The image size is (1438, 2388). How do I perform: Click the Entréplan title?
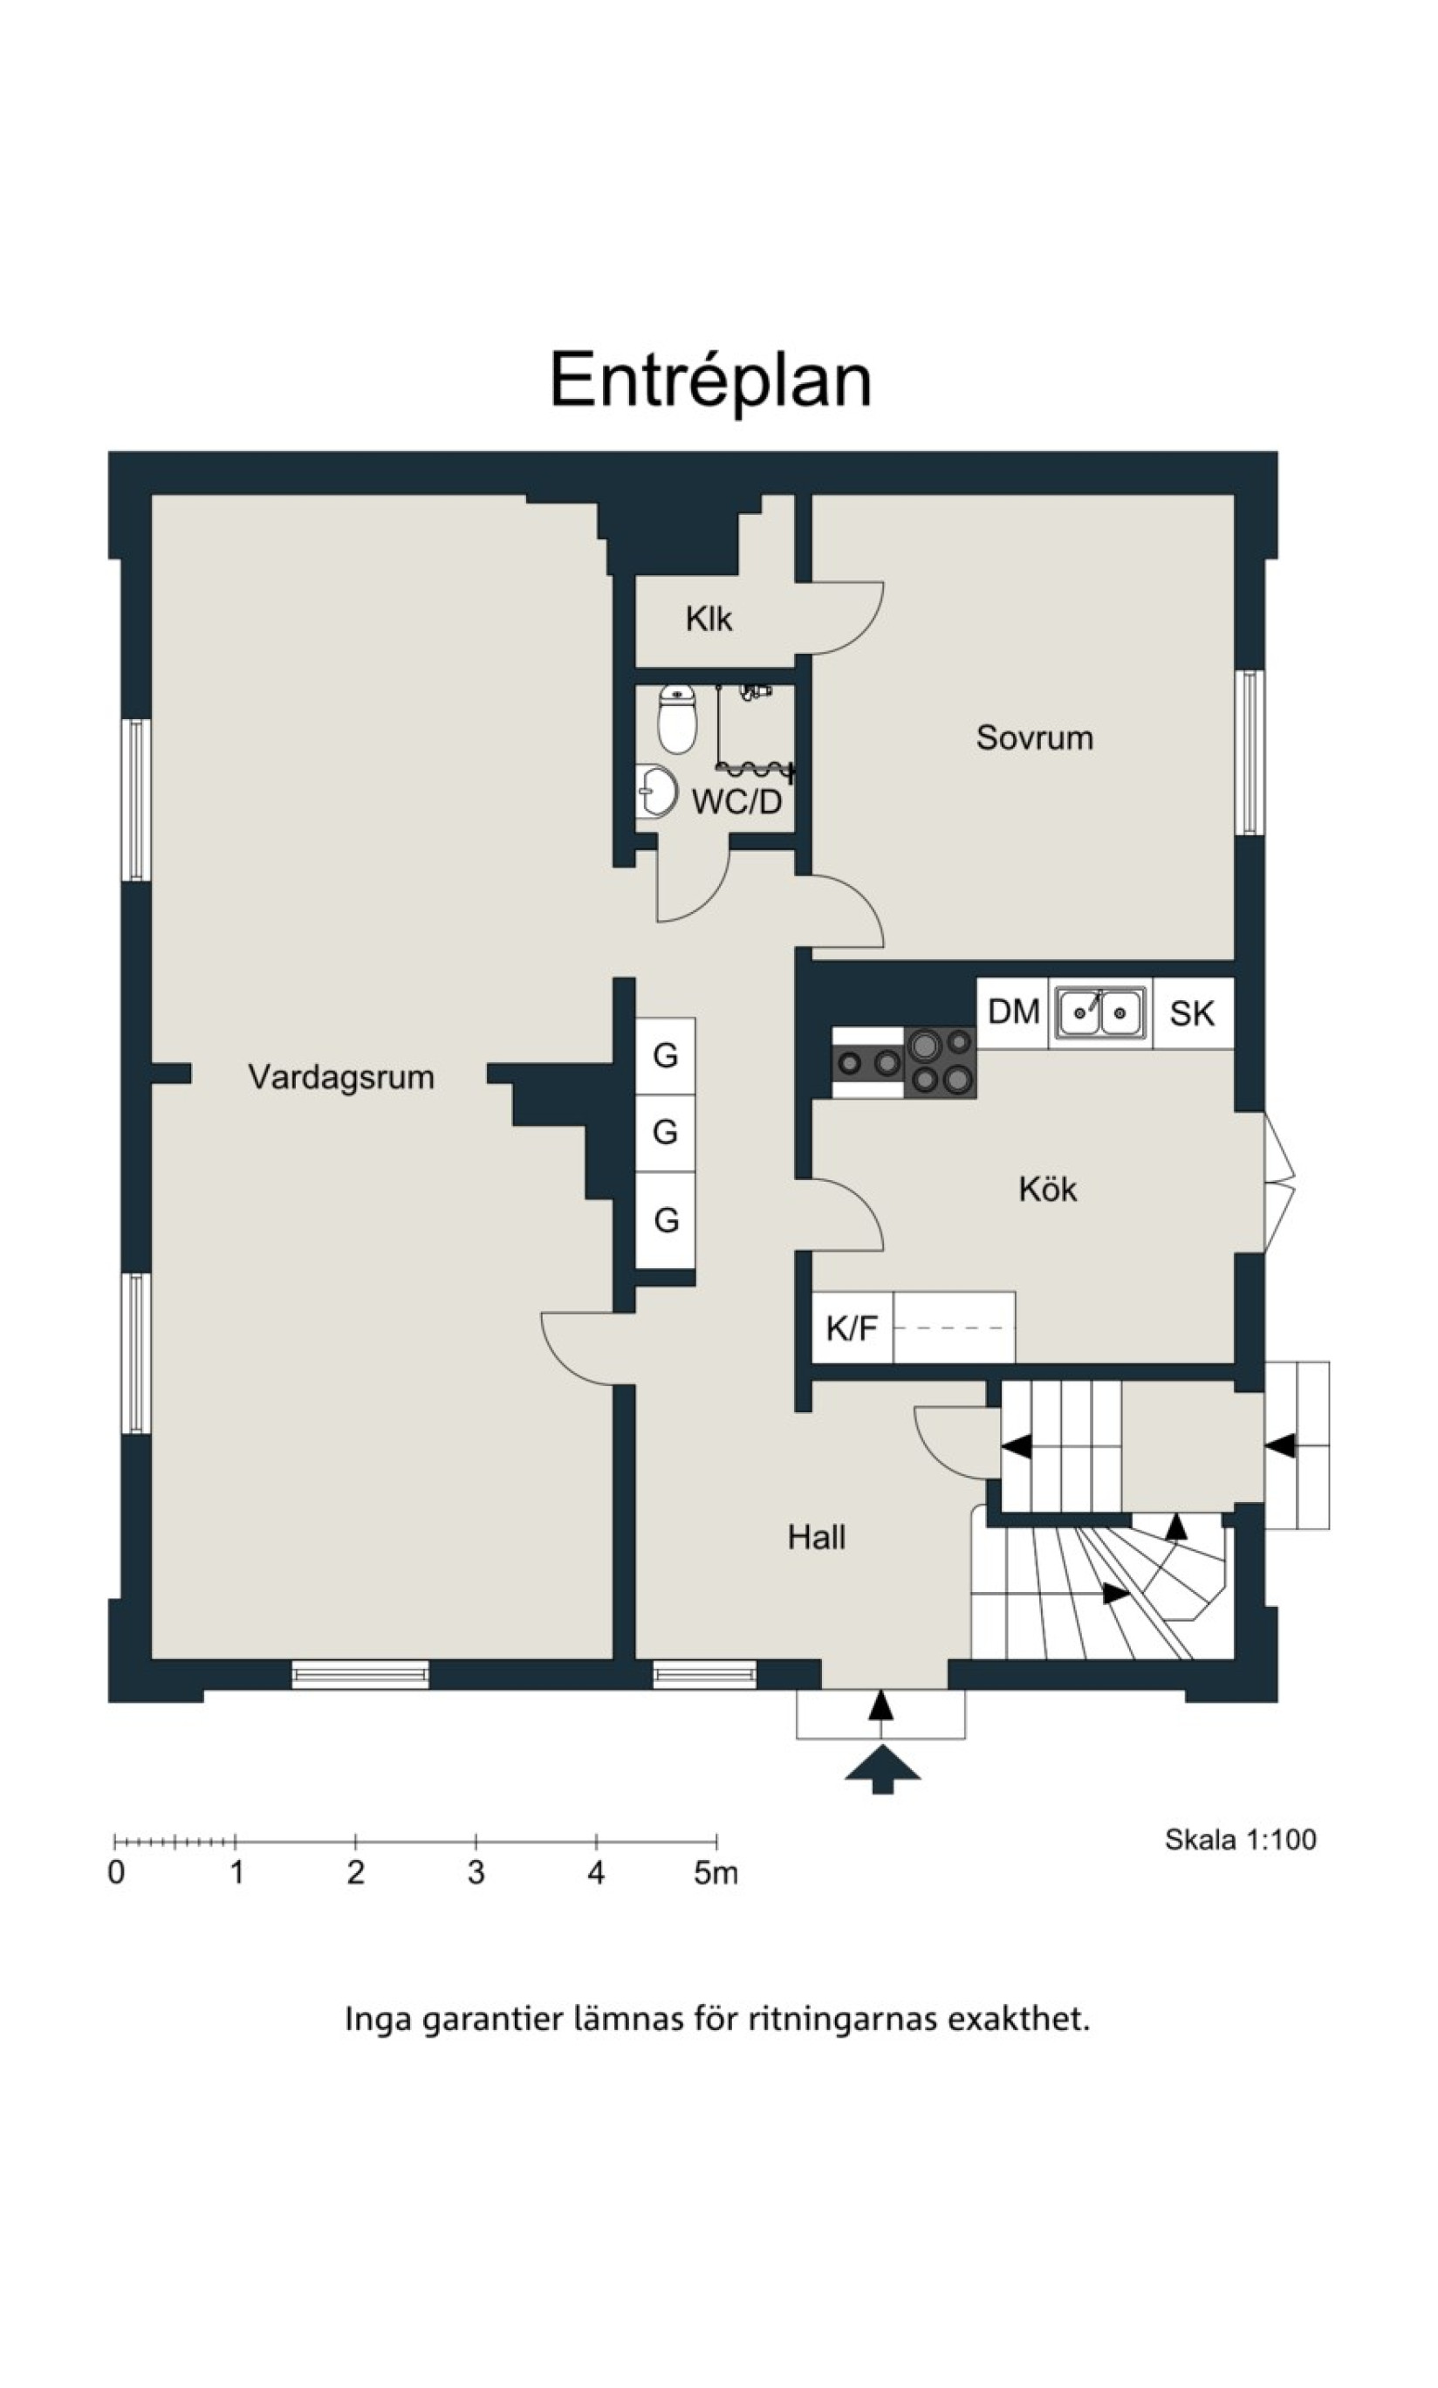click(711, 381)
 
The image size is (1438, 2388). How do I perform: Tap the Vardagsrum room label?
click(341, 1077)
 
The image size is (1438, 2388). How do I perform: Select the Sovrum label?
click(1035, 738)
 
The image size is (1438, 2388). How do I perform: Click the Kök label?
click(1047, 1188)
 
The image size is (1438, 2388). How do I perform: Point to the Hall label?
click(816, 1537)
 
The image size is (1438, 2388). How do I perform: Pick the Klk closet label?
click(709, 618)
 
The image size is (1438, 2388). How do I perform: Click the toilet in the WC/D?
click(676, 718)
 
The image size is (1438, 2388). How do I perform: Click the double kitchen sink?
click(1101, 1012)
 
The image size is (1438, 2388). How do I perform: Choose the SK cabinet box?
click(1193, 1012)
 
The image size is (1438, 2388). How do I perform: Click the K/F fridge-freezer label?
click(852, 1328)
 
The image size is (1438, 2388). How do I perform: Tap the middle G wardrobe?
click(665, 1132)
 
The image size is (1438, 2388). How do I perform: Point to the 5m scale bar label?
click(716, 1872)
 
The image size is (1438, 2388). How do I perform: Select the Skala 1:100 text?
click(1240, 1840)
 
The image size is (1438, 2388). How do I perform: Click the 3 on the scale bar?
click(476, 1872)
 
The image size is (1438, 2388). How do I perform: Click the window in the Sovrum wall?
click(1250, 752)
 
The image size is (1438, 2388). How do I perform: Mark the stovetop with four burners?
click(940, 1062)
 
